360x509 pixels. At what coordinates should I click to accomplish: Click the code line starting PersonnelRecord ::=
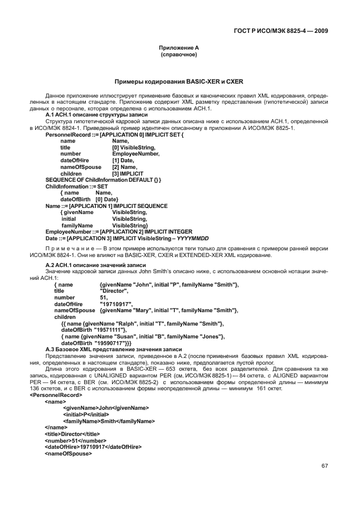point(114,135)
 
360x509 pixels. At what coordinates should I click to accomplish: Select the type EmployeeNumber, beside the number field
point(136,153)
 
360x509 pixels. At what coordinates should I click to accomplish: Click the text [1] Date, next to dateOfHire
point(123,160)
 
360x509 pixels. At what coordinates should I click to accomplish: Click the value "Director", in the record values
point(114,291)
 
